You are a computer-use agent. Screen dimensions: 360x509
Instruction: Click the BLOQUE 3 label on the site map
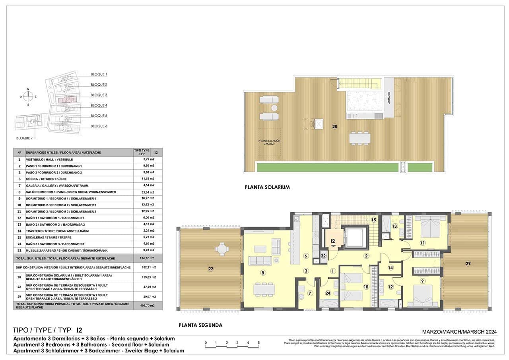pyautogui.click(x=99, y=95)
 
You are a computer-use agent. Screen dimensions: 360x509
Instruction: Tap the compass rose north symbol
pyautogui.click(x=28, y=89)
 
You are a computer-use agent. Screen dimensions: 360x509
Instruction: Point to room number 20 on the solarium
pyautogui.click(x=335, y=126)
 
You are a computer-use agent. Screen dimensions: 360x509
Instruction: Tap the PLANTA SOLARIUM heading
pyautogui.click(x=267, y=187)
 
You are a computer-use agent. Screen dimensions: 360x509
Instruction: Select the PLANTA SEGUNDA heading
pyautogui.click(x=200, y=325)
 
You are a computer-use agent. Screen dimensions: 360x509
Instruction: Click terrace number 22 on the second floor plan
pyautogui.click(x=211, y=269)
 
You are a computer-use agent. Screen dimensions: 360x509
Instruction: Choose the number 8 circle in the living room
pyautogui.click(x=262, y=272)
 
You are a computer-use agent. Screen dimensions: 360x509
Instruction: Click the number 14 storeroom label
pyautogui.click(x=390, y=268)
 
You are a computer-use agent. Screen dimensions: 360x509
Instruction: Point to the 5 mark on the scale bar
pyautogui.click(x=258, y=343)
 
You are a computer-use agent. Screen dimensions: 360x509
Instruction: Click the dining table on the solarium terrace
pyautogui.click(x=359, y=138)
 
